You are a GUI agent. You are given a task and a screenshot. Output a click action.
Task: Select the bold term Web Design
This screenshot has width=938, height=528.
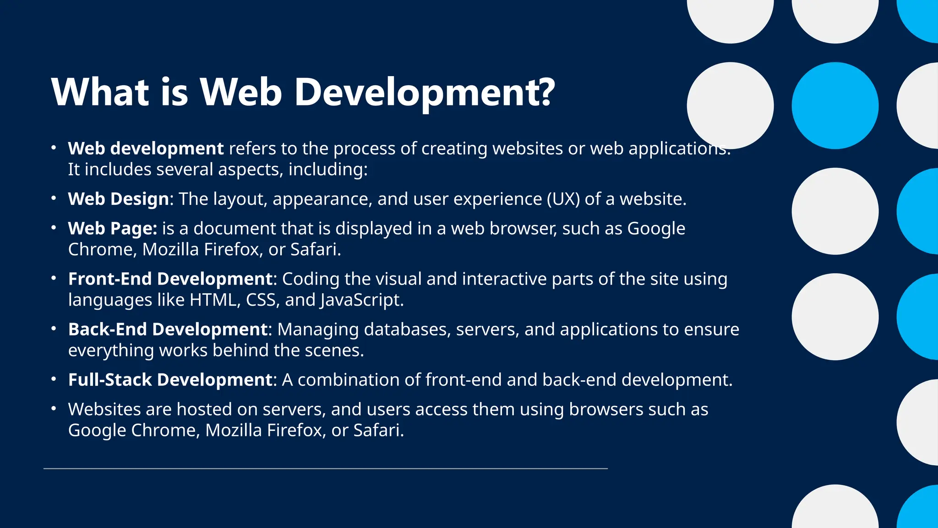[x=119, y=199]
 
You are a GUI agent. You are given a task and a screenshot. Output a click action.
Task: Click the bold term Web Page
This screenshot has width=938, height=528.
[x=112, y=229]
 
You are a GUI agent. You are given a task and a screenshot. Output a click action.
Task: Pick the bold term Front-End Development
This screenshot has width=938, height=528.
[x=170, y=279]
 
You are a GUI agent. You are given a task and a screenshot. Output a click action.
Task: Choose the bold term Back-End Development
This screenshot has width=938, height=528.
[x=168, y=330]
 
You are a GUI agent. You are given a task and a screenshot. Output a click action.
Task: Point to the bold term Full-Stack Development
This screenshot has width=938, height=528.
[x=170, y=380]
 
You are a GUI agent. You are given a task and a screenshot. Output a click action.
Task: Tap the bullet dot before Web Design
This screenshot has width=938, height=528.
[x=54, y=198]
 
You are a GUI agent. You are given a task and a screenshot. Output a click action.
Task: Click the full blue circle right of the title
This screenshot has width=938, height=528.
[x=835, y=106]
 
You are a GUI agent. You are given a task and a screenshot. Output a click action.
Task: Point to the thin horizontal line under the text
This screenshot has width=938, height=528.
[x=325, y=468]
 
